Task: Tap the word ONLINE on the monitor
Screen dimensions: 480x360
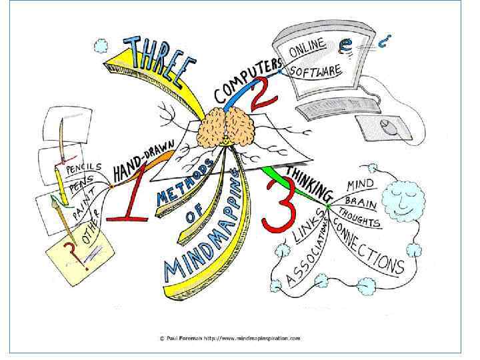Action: [308, 48]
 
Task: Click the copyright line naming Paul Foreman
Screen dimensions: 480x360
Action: [229, 338]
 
